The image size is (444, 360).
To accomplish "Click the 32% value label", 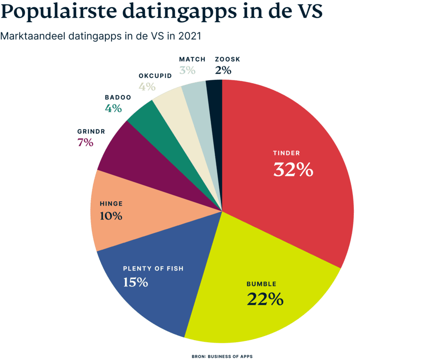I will (x=293, y=170).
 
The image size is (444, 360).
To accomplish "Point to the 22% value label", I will (x=265, y=299).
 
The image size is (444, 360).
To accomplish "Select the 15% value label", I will (x=135, y=282).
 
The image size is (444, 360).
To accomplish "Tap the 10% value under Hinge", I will (x=111, y=216).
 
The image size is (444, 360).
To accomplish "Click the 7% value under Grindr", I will (x=85, y=142).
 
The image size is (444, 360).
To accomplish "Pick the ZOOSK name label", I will (x=227, y=59).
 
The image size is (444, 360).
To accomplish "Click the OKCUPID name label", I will (x=155, y=75).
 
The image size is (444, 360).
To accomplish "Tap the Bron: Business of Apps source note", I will (x=222, y=356).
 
